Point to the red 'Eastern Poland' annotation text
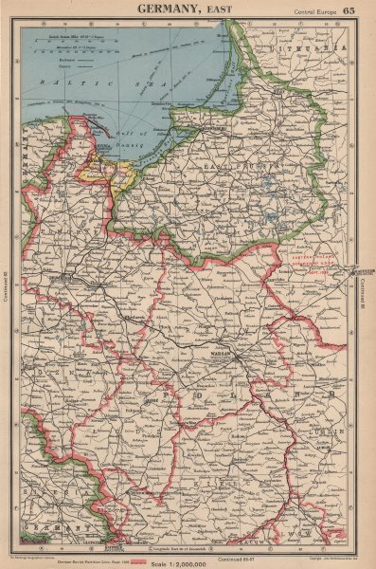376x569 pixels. (x=309, y=258)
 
